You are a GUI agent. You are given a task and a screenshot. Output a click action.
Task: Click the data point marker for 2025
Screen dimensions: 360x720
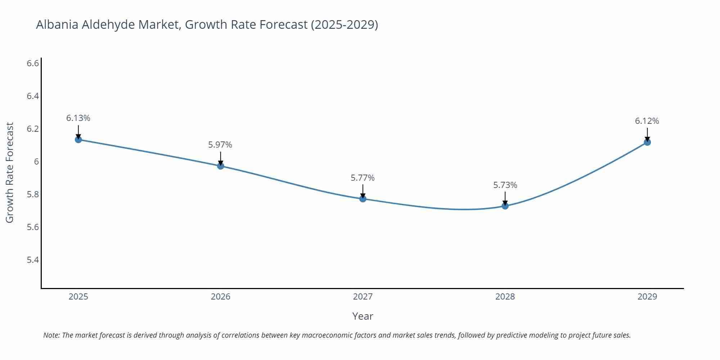pos(78,139)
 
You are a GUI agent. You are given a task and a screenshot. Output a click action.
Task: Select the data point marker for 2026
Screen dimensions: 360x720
pos(221,166)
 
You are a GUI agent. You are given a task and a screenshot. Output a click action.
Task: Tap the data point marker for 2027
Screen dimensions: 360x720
pos(363,198)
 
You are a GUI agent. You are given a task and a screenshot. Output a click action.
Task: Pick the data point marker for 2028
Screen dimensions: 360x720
pos(505,206)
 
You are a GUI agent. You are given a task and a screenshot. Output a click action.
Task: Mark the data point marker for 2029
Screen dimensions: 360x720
pos(647,142)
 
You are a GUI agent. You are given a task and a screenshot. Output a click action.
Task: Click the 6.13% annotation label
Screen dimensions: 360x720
pos(78,118)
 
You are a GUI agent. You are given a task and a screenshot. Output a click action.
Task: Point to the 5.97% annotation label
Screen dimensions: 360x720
pos(220,145)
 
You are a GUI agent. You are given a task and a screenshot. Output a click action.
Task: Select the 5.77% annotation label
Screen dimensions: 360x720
pos(363,178)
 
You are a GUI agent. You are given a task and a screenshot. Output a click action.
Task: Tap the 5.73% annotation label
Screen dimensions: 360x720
pos(505,185)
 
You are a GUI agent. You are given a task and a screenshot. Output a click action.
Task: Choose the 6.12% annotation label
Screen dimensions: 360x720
pos(647,121)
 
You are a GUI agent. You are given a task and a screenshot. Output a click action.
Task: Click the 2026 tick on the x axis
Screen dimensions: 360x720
pos(221,297)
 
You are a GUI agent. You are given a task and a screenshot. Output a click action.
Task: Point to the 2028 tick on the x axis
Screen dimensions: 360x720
pos(505,297)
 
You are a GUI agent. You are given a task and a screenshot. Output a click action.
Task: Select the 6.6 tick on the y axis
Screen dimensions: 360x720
pos(33,63)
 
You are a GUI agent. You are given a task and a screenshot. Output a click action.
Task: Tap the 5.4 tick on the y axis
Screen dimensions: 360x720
pos(33,260)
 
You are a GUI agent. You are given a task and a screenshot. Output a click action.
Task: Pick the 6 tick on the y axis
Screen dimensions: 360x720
pos(36,162)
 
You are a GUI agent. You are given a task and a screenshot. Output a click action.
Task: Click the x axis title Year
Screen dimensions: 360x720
pos(363,316)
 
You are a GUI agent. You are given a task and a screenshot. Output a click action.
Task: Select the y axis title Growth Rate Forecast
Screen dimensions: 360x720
pos(10,172)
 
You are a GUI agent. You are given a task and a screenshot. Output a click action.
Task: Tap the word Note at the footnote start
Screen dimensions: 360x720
pos(51,335)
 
